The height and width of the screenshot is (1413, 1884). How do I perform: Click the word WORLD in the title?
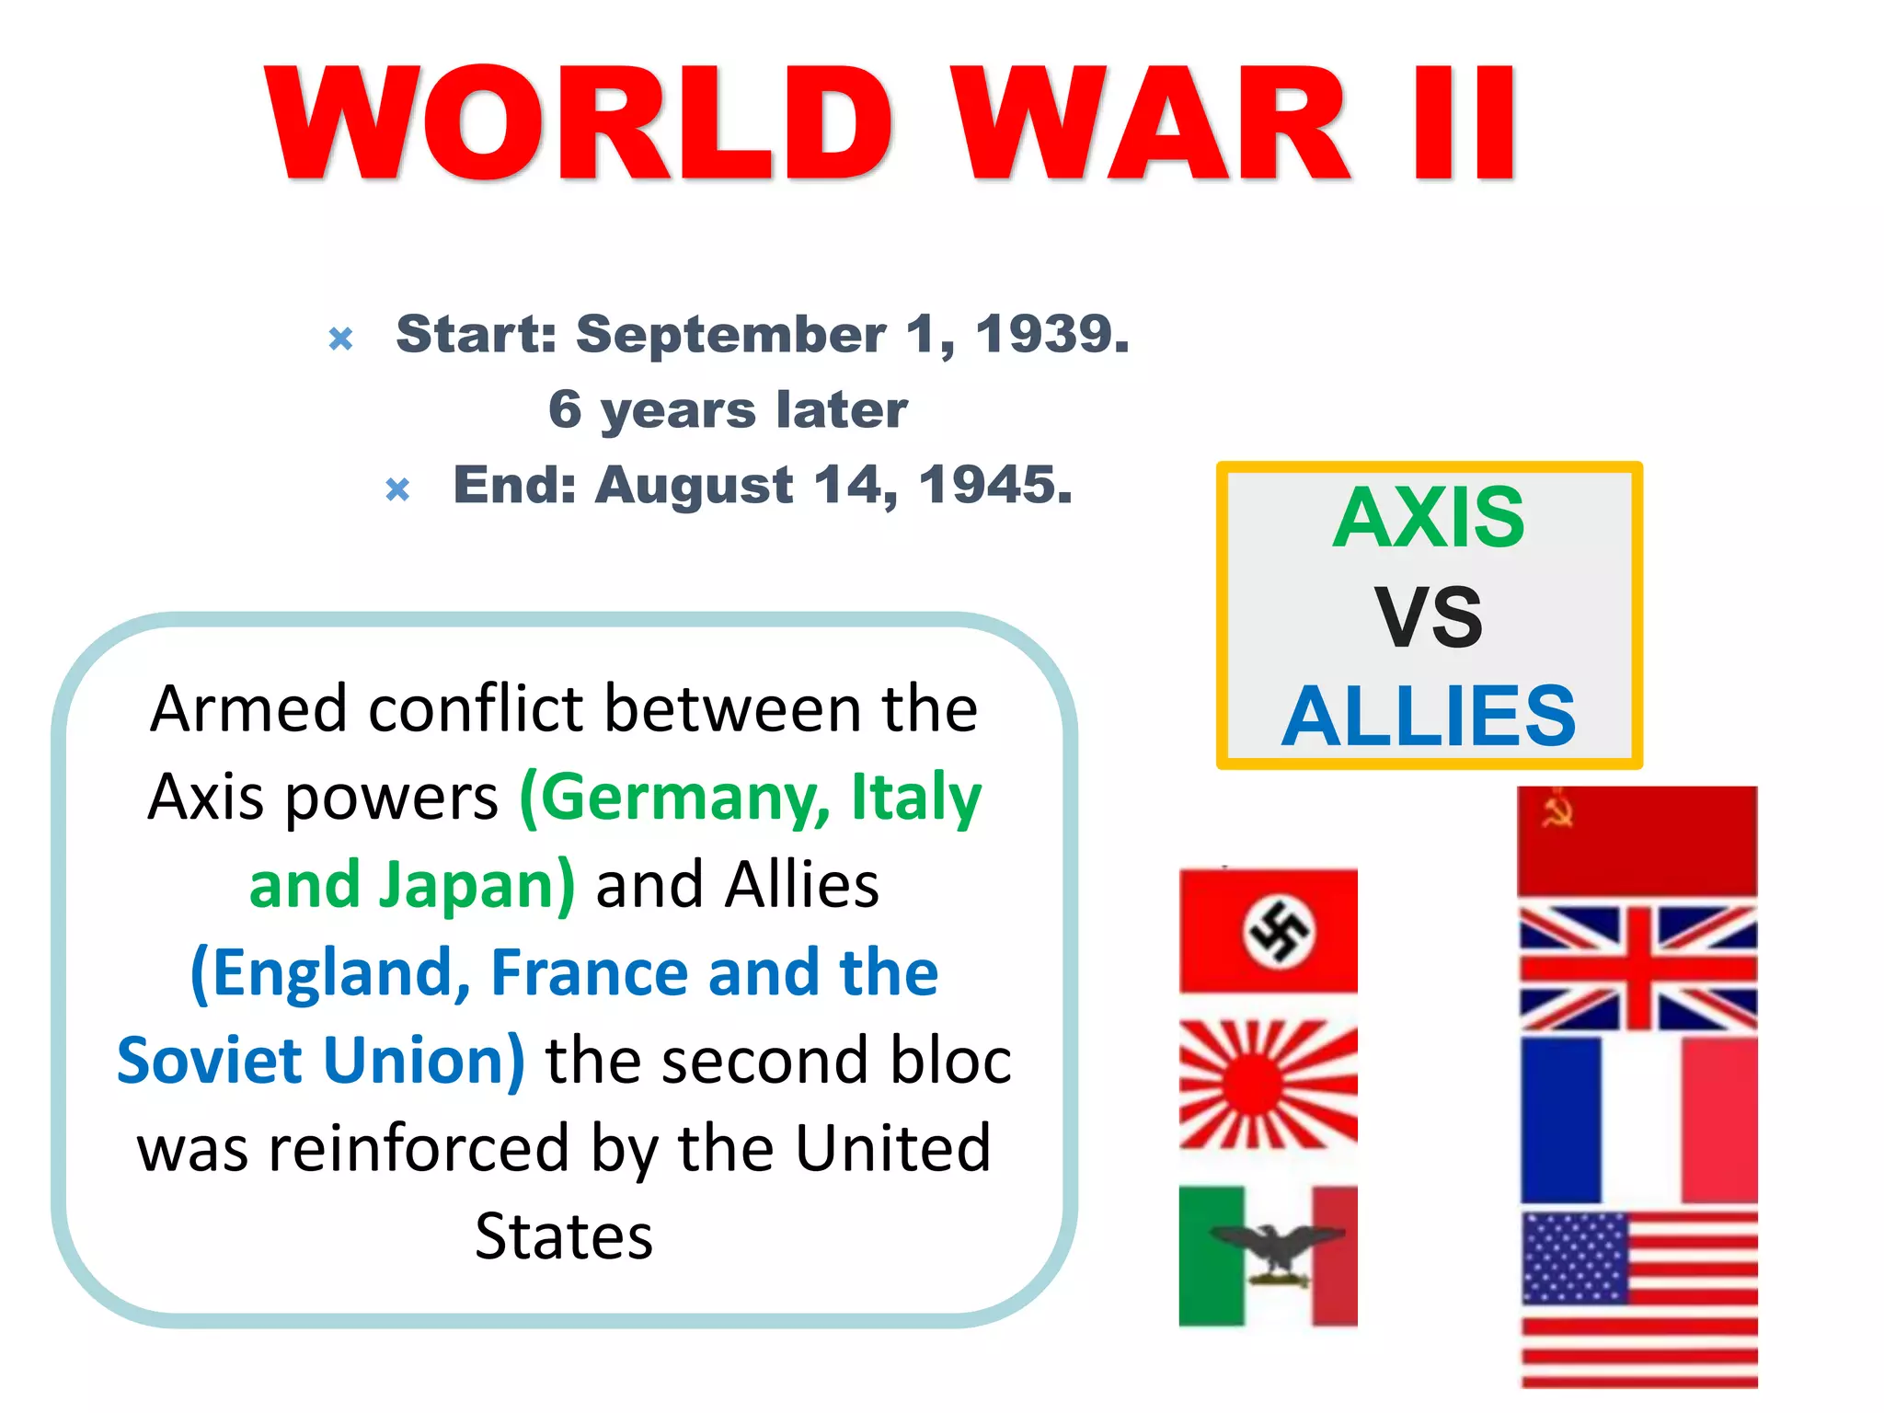point(578,124)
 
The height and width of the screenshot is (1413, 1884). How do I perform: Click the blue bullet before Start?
point(340,339)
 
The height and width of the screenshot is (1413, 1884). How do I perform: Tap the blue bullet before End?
point(397,488)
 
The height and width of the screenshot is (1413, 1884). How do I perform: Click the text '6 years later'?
point(728,409)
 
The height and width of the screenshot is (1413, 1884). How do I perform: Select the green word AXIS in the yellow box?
point(1429,518)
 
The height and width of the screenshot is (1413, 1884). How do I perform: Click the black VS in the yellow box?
point(1429,617)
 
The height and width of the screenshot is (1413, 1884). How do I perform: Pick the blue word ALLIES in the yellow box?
point(1429,716)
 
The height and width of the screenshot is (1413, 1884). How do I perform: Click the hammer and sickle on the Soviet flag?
point(1557,810)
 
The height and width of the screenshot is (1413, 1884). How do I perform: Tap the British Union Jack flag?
point(1637,968)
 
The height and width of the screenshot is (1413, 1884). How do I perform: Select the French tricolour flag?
point(1637,1120)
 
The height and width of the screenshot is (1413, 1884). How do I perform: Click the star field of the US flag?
point(1574,1257)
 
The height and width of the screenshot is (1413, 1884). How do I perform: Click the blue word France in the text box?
point(590,973)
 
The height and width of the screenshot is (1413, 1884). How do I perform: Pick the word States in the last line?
point(564,1236)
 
